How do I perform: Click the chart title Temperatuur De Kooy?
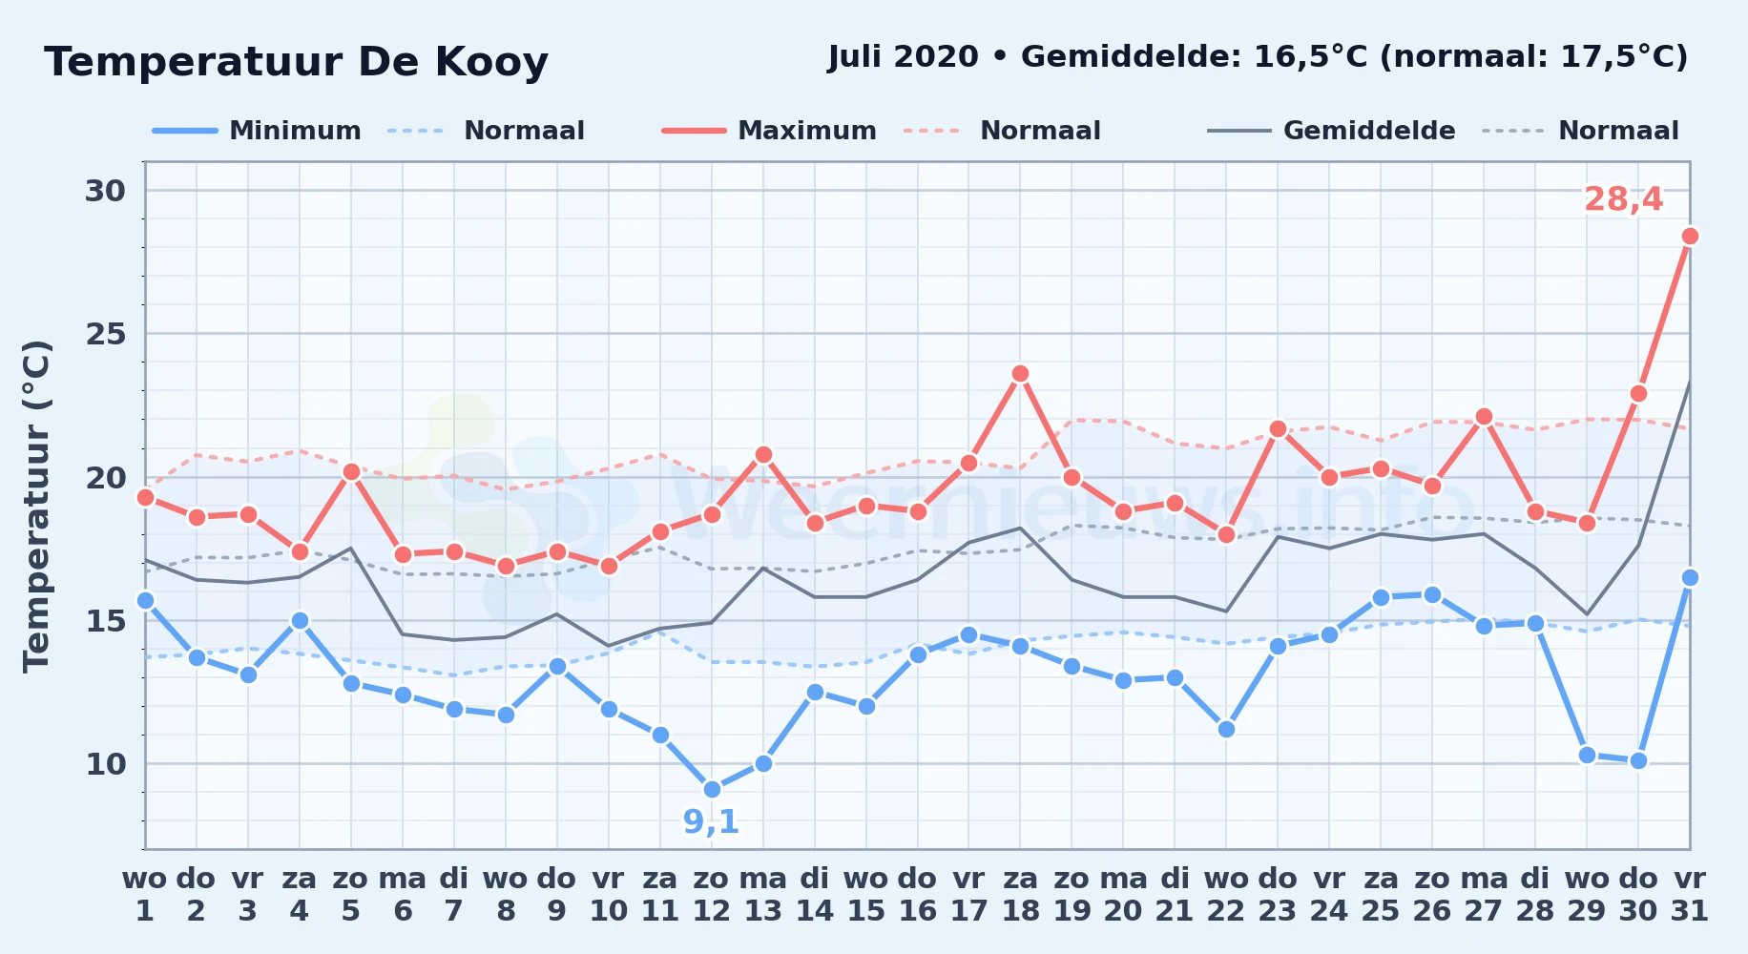[296, 62]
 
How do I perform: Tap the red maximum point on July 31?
[1690, 236]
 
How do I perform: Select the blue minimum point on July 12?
[712, 789]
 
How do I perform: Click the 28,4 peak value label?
[1623, 199]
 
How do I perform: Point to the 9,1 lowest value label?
[711, 821]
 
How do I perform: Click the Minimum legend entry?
[257, 131]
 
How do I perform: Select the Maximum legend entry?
[769, 131]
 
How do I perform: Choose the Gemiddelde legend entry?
[1332, 131]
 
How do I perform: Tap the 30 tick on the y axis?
[105, 191]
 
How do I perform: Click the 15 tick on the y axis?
[105, 621]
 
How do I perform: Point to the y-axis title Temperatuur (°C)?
[36, 506]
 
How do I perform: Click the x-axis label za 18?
[1021, 895]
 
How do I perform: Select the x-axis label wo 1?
[145, 895]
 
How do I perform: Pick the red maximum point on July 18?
[1020, 373]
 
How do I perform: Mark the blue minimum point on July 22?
[1226, 729]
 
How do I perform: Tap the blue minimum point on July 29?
[1587, 755]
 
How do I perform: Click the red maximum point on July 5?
[351, 471]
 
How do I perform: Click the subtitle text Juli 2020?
[903, 57]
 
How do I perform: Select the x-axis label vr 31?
[1689, 895]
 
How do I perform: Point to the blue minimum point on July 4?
[300, 620]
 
